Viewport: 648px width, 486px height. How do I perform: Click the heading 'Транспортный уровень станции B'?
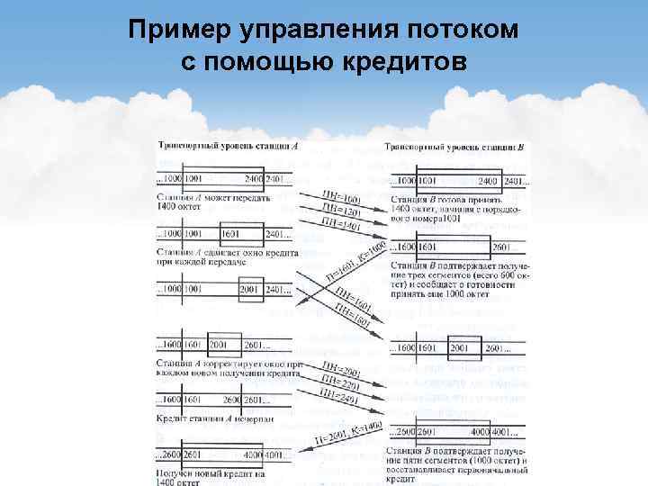tap(454, 147)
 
